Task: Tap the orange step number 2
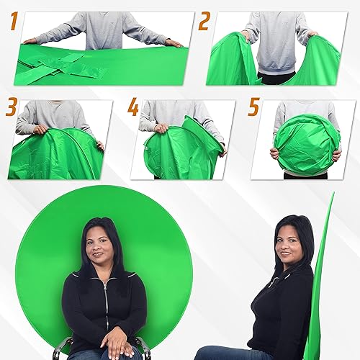pyautogui.click(x=204, y=22)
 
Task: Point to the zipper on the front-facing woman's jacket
pyautogui.click(x=106, y=302)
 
